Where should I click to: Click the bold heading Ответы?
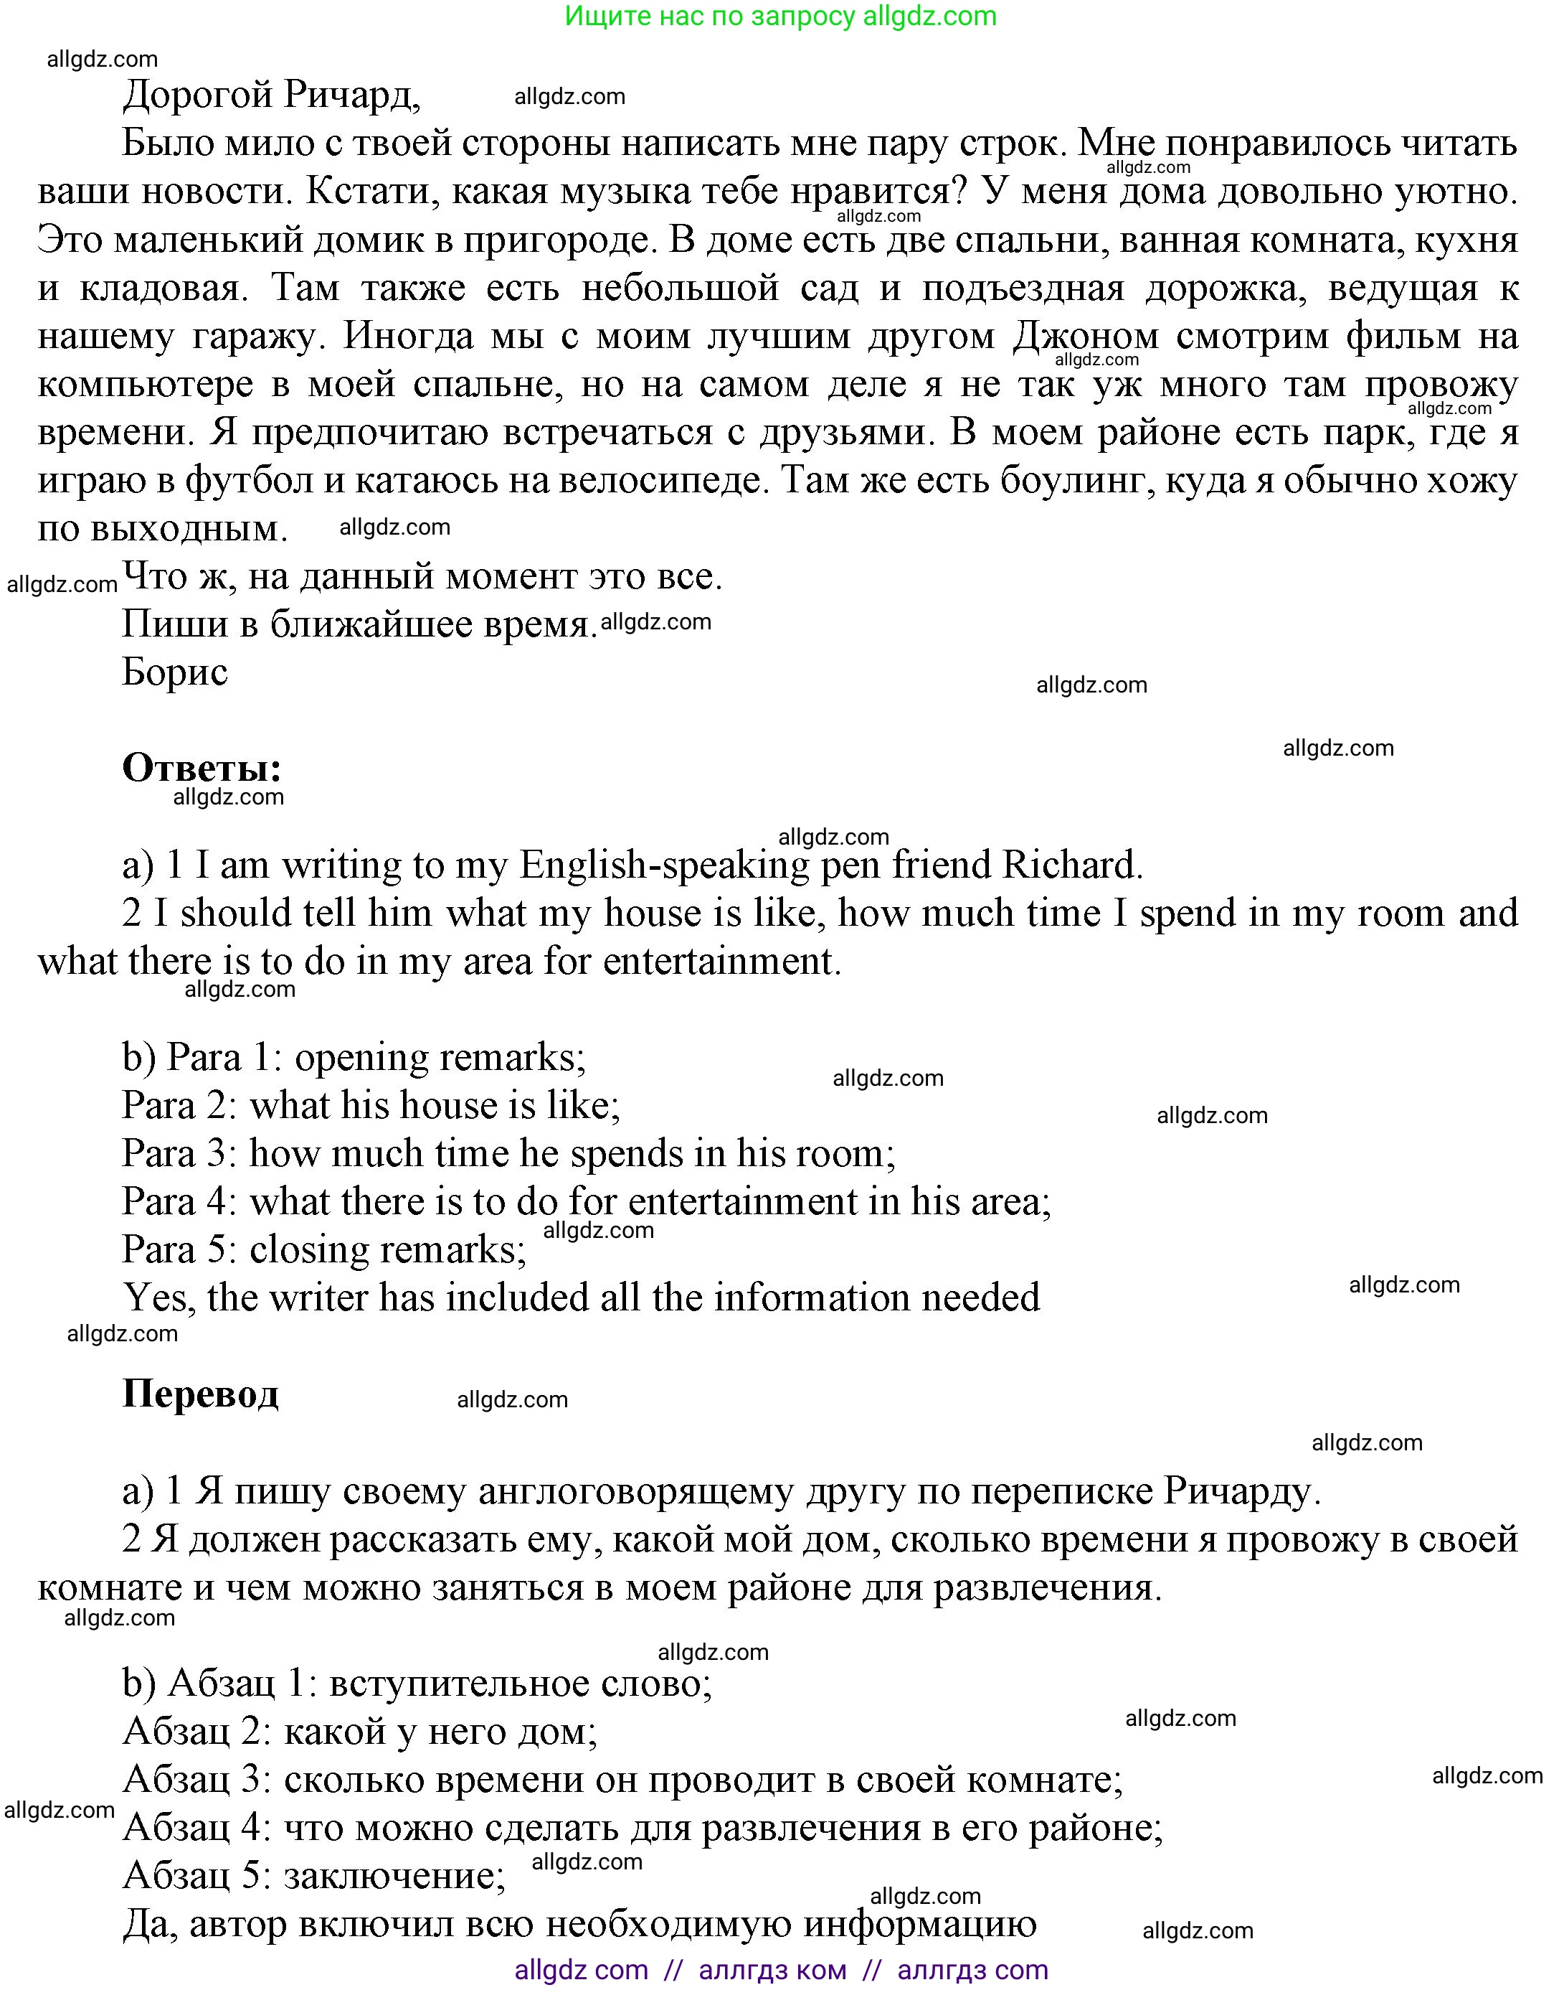(x=202, y=768)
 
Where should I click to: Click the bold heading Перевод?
(x=199, y=1394)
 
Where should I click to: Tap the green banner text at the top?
(x=780, y=17)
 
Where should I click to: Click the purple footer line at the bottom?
(x=780, y=1970)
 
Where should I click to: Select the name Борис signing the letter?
(x=174, y=672)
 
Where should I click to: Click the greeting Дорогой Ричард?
(x=271, y=95)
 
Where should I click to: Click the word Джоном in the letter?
(x=1086, y=337)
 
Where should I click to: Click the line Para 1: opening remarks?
(x=354, y=1057)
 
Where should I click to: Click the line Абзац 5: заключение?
(x=314, y=1875)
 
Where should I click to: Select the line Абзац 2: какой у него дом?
(x=360, y=1732)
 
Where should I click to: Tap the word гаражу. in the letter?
(x=258, y=337)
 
